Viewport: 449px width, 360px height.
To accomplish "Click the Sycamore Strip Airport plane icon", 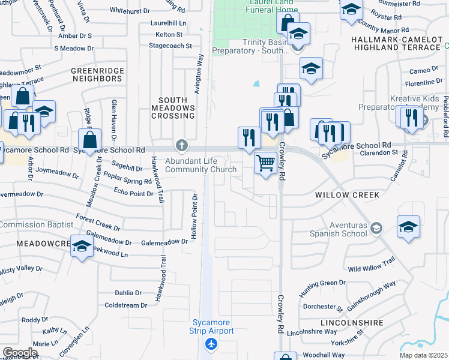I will point(211,344).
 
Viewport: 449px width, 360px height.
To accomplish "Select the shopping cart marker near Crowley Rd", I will point(265,162).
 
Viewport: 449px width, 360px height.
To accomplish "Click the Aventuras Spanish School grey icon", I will point(376,227).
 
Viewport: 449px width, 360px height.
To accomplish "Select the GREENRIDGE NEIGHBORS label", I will point(97,74).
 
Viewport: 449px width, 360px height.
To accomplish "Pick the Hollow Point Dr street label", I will point(194,217).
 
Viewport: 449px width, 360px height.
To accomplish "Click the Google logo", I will point(19,353).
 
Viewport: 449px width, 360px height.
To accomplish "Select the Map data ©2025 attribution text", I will point(423,355).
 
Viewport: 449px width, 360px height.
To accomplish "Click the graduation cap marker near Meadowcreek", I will point(82,247).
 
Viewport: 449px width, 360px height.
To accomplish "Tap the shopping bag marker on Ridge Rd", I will point(89,141).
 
